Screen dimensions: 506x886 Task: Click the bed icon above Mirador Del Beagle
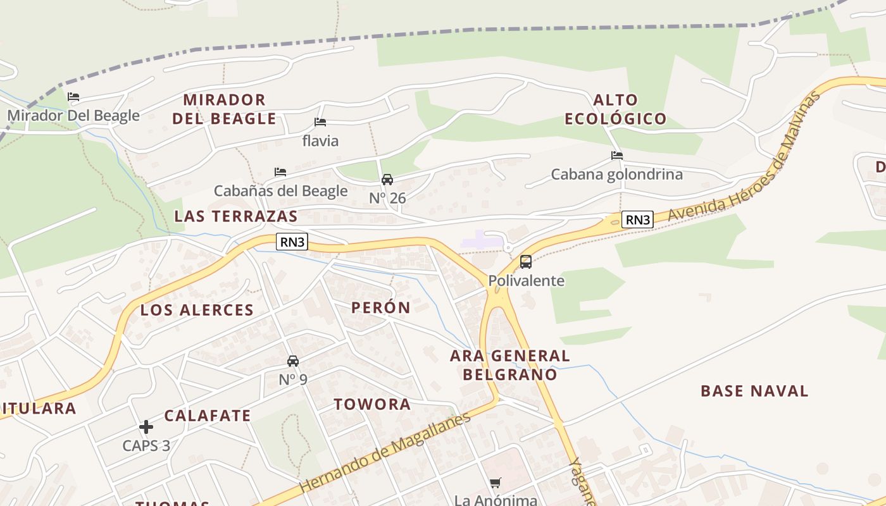point(73,97)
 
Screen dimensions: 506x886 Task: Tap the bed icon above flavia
point(320,122)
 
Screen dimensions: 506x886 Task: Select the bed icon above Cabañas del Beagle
point(280,172)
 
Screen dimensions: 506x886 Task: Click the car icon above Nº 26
point(387,180)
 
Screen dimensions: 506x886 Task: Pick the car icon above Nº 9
point(293,361)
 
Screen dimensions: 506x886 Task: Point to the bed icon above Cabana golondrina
point(617,156)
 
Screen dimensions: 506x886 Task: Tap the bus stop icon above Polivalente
point(526,262)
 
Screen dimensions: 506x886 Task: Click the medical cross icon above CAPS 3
point(146,427)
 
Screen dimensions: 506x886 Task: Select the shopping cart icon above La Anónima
point(496,483)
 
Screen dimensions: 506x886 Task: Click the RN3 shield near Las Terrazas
point(292,242)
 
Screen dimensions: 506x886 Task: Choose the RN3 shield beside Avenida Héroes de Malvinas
point(637,219)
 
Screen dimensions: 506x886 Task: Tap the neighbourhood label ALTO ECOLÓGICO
point(616,109)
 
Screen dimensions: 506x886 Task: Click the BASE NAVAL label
point(754,391)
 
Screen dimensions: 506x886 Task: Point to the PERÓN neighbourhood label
point(381,308)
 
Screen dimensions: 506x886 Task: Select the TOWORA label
point(372,405)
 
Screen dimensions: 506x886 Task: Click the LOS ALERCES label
point(197,310)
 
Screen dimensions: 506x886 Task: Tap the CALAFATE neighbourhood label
point(208,416)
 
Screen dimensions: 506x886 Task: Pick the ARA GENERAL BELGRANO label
point(510,365)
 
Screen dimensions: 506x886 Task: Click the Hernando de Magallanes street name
point(386,452)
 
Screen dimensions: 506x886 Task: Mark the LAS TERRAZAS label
point(236,216)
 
